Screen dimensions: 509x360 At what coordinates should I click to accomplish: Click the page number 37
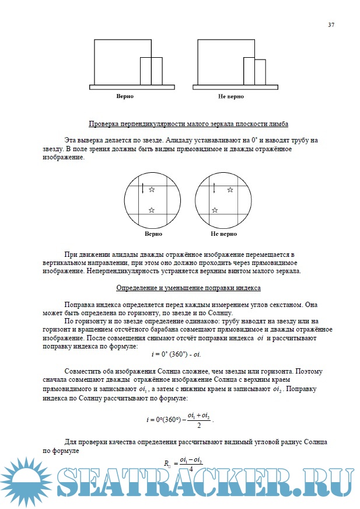[x=331, y=25]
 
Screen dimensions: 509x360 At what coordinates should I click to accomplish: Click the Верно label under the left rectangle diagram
[x=125, y=96]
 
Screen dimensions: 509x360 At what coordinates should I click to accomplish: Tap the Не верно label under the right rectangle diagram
[x=231, y=96]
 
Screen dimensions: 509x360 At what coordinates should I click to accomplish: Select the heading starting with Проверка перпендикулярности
[x=188, y=124]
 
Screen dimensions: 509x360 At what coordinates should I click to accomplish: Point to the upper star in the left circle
[x=152, y=190]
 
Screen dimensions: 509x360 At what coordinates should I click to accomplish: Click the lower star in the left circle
[x=152, y=210]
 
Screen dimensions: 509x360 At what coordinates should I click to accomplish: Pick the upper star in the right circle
[x=230, y=190]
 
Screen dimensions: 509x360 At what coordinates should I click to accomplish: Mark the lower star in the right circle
[x=215, y=210]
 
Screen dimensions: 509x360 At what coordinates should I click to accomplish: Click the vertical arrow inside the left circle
[x=142, y=188]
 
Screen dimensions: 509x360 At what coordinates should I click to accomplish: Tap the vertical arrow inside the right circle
[x=215, y=188]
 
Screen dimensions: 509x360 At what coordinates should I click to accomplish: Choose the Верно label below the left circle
[x=153, y=233]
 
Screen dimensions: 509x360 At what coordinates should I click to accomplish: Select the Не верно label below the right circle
[x=223, y=233]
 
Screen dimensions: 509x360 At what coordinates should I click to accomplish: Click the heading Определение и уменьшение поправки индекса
[x=188, y=288]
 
